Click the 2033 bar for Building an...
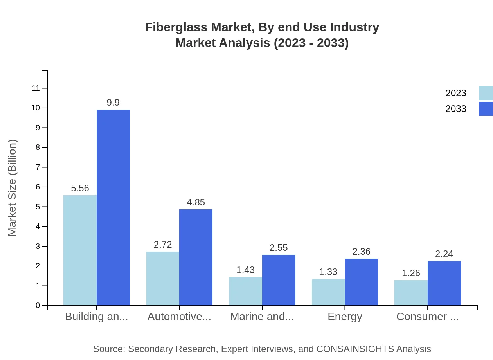[113, 207]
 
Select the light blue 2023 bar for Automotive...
[163, 278]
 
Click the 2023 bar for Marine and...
[245, 291]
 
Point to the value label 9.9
[113, 103]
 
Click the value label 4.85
[196, 202]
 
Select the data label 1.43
[245, 270]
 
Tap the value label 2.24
[444, 254]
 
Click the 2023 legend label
[456, 93]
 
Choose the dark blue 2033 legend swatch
[486, 109]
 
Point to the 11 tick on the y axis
[36, 88]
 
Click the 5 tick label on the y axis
[38, 207]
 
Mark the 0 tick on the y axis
[38, 306]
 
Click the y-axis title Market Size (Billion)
[13, 188]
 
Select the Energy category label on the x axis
[345, 317]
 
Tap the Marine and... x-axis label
[262, 317]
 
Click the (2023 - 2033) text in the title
[311, 43]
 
